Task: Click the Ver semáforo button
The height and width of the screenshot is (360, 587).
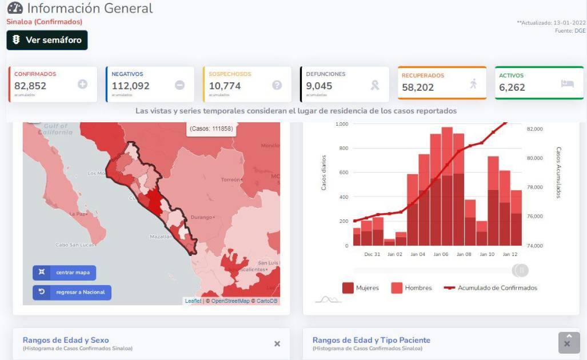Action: click(47, 40)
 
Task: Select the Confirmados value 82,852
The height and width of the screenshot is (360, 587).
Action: click(30, 86)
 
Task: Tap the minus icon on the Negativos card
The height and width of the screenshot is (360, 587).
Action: click(179, 85)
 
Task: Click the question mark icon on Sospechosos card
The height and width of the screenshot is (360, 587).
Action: click(277, 85)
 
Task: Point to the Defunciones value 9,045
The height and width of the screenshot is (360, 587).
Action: click(319, 86)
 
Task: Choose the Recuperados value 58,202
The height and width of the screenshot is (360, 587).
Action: click(418, 87)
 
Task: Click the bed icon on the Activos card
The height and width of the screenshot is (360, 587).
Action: click(567, 83)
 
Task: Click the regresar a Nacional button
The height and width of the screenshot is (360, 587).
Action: click(72, 293)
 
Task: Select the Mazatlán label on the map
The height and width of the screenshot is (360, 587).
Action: click(162, 236)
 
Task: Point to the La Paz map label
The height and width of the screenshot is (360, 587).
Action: click(77, 214)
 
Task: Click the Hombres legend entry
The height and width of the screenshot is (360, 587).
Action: click(412, 288)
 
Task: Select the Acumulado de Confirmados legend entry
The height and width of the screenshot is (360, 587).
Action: click(491, 288)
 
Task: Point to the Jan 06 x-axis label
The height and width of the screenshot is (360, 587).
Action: click(441, 254)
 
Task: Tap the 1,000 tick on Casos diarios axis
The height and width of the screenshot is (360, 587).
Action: click(342, 124)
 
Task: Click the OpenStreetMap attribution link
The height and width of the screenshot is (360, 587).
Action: click(230, 301)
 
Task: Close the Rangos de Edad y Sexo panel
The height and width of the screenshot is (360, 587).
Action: click(277, 343)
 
